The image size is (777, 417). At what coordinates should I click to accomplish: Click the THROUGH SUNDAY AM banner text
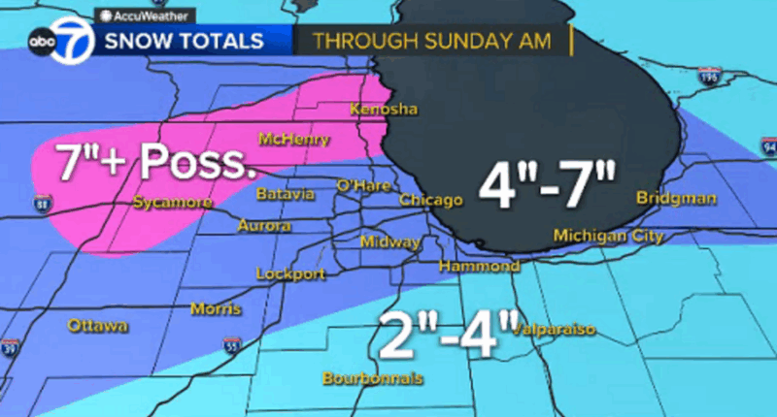[431, 42]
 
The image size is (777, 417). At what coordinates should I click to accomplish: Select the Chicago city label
[430, 201]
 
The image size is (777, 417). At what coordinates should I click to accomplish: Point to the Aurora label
[264, 225]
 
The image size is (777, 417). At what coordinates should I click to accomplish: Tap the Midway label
[389, 241]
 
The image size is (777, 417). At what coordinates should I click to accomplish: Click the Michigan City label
[608, 236]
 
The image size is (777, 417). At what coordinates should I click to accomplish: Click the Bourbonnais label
[374, 378]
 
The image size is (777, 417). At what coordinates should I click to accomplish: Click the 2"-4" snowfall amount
[443, 334]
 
